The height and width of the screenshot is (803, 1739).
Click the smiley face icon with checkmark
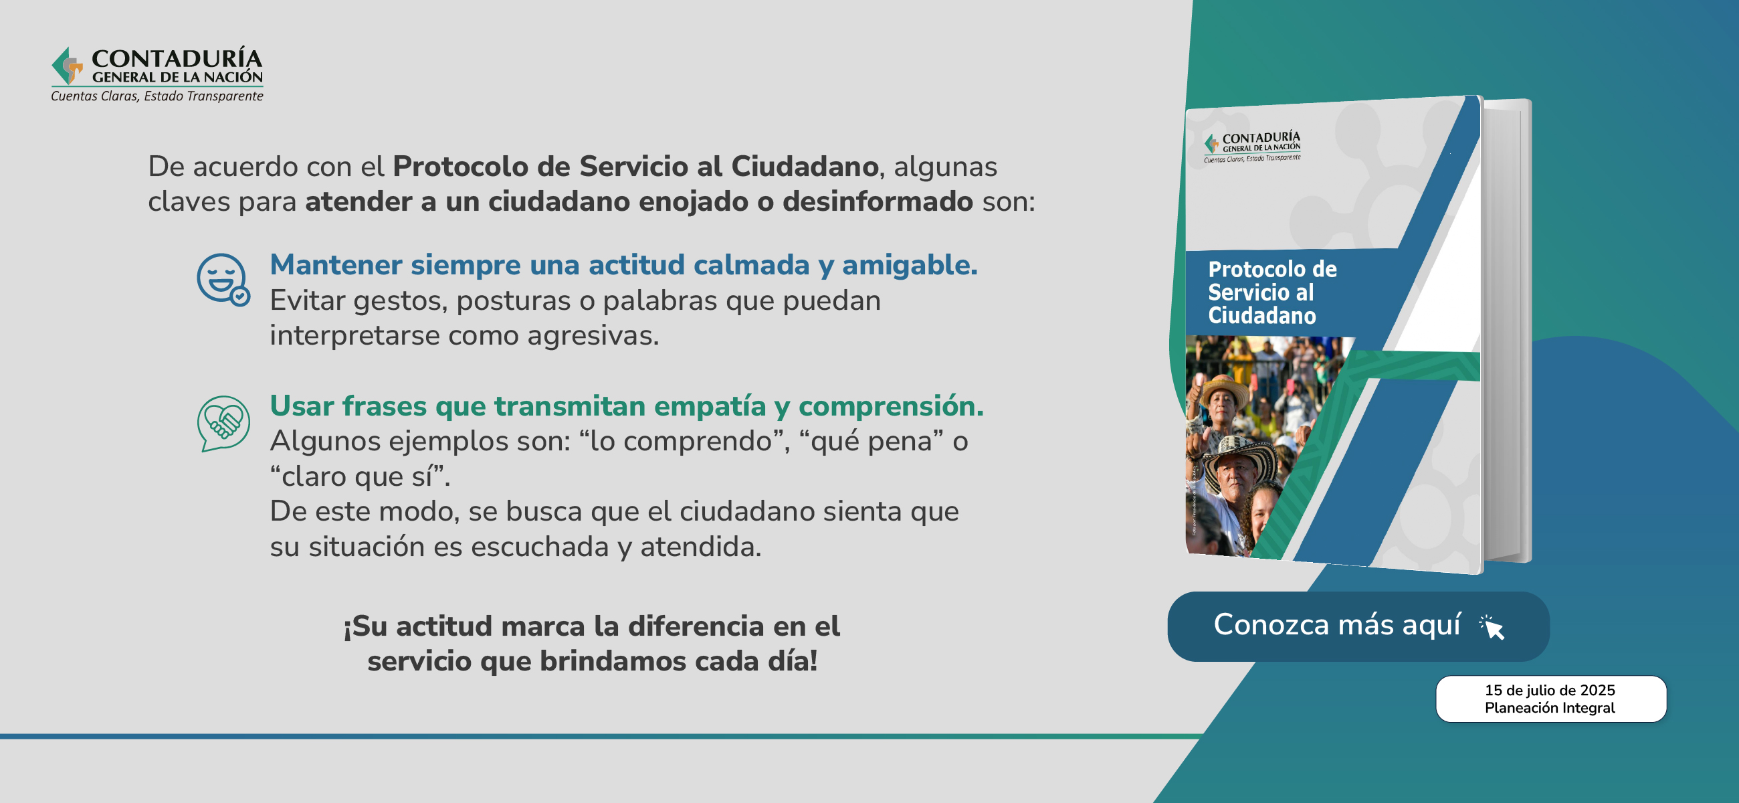[223, 279]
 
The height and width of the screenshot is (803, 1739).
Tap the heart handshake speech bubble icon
[223, 424]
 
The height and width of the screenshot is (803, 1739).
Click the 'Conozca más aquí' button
[1358, 626]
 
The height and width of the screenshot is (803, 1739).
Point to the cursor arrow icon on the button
[1493, 628]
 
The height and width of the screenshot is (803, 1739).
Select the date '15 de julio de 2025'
[1550, 690]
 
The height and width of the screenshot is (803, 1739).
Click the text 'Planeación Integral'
[1550, 708]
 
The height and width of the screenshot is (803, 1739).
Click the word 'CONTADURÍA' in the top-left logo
[177, 59]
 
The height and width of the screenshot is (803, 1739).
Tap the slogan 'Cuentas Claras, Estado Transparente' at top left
[157, 96]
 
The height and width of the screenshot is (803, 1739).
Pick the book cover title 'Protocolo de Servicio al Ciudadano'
[1272, 292]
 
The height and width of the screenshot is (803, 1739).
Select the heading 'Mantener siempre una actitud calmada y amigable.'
[624, 265]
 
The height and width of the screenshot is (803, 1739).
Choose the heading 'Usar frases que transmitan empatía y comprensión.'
[627, 406]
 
